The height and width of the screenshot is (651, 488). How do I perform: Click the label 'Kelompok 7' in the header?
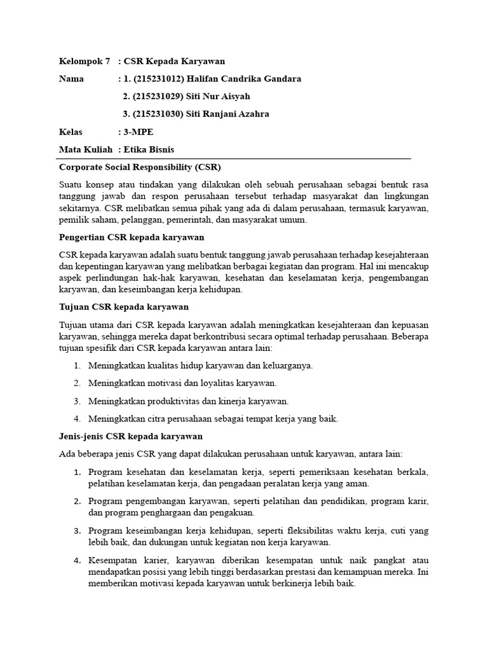click(x=84, y=61)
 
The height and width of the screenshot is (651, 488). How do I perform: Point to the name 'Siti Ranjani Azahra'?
click(x=227, y=114)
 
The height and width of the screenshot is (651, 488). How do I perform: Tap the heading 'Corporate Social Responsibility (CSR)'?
click(x=139, y=167)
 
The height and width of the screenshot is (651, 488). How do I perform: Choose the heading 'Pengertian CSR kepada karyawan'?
click(x=131, y=237)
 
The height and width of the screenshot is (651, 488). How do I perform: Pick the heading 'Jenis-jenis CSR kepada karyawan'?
click(x=130, y=436)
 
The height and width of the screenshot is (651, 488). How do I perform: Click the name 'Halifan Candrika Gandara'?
click(x=244, y=79)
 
